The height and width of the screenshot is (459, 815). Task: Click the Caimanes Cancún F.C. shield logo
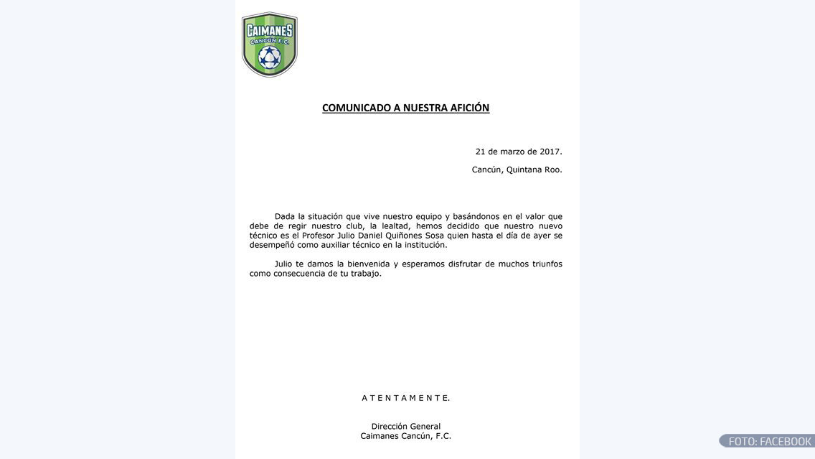pos(269,44)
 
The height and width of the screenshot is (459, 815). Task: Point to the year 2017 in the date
pos(549,152)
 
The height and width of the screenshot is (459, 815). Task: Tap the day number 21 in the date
pos(481,152)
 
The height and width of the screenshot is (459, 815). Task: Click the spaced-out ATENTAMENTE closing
pos(405,398)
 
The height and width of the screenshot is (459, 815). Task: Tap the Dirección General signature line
pos(405,427)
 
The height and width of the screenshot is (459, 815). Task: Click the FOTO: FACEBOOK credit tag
pos(768,441)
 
